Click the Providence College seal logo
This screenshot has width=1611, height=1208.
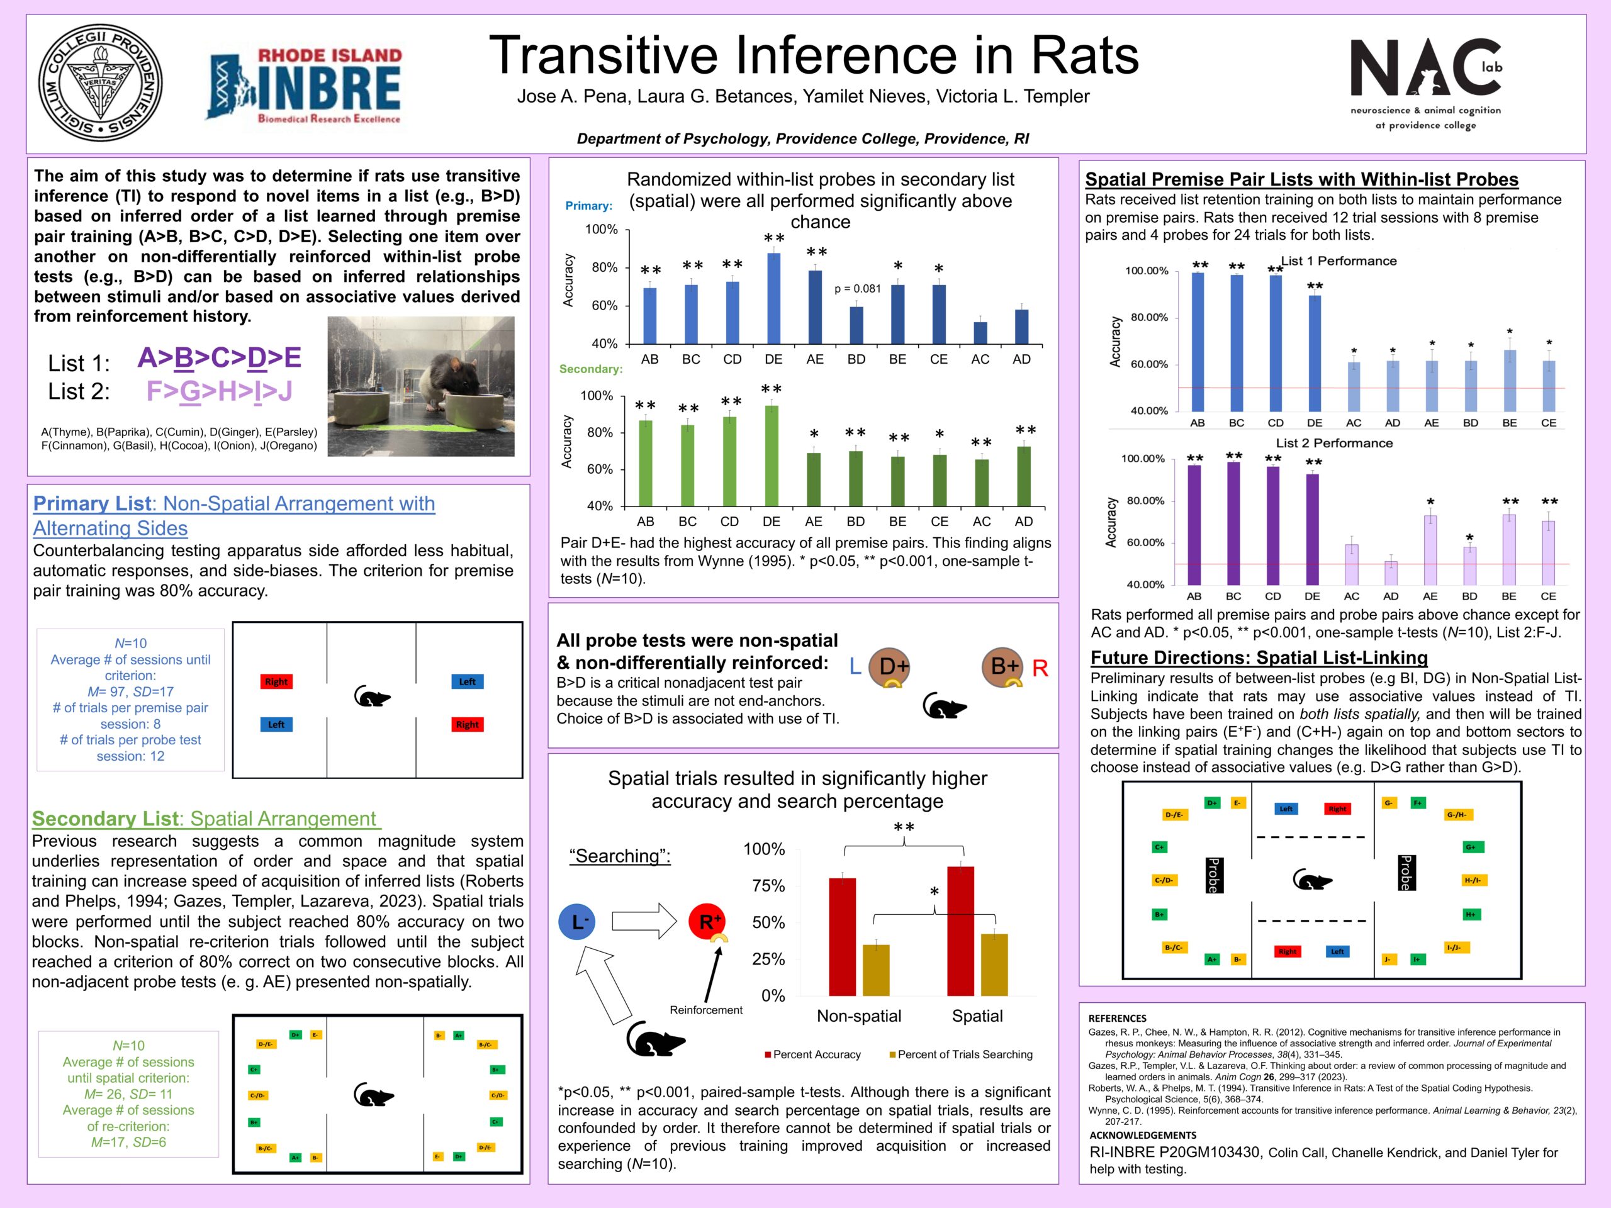[100, 82]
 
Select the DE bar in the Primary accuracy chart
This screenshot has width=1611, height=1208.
[773, 299]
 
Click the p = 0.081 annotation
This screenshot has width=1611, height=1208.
[857, 289]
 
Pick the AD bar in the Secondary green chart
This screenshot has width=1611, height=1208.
[1023, 476]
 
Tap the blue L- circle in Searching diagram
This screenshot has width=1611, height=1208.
[577, 922]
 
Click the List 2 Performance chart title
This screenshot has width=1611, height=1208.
[1333, 443]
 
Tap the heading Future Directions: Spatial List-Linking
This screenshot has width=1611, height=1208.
[1259, 657]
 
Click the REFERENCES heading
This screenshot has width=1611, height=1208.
[1116, 1018]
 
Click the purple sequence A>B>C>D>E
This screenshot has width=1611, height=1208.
[219, 357]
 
